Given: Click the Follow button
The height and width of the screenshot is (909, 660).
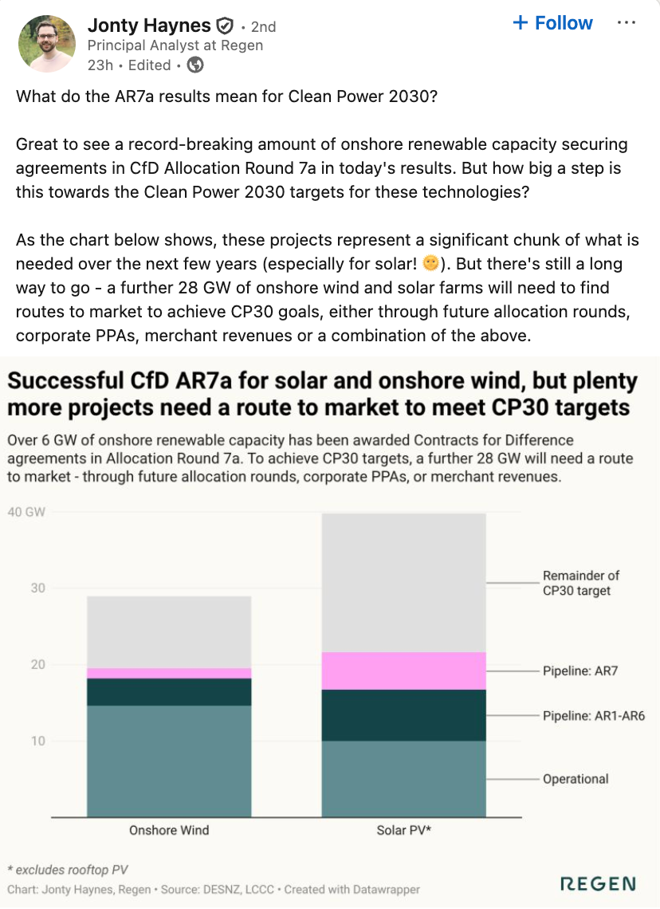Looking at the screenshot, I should pyautogui.click(x=554, y=23).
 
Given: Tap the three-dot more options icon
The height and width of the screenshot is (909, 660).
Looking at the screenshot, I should pyautogui.click(x=627, y=23).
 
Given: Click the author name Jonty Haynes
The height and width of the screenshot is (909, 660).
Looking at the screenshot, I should pyautogui.click(x=148, y=26).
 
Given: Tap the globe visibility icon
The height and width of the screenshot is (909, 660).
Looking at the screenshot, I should pyautogui.click(x=194, y=65).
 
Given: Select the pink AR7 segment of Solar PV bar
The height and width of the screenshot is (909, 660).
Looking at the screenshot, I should pyautogui.click(x=403, y=671).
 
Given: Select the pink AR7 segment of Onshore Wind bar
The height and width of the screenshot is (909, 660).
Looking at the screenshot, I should pyautogui.click(x=169, y=673).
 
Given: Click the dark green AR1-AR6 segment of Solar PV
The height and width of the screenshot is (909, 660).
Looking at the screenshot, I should pyautogui.click(x=403, y=715).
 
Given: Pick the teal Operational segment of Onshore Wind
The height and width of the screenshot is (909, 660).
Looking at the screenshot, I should pyautogui.click(x=169, y=761).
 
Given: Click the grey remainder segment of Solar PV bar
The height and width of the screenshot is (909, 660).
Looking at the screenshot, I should pyautogui.click(x=403, y=582).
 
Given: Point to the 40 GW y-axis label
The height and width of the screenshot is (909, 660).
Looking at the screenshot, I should pyautogui.click(x=26, y=512).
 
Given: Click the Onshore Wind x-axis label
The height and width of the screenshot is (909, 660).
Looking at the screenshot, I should pyautogui.click(x=169, y=830).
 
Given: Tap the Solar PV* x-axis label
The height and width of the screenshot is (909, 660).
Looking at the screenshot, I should pyautogui.click(x=403, y=830).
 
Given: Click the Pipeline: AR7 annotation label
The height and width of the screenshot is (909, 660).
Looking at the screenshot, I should pyautogui.click(x=580, y=671).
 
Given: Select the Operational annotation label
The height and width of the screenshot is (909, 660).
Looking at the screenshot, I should pyautogui.click(x=576, y=779).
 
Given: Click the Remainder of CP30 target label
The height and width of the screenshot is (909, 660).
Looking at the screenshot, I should pyautogui.click(x=580, y=583).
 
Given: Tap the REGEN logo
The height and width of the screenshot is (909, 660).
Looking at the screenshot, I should pyautogui.click(x=598, y=883).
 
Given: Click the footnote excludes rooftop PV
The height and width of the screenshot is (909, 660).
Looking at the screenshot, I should pyautogui.click(x=68, y=869).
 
